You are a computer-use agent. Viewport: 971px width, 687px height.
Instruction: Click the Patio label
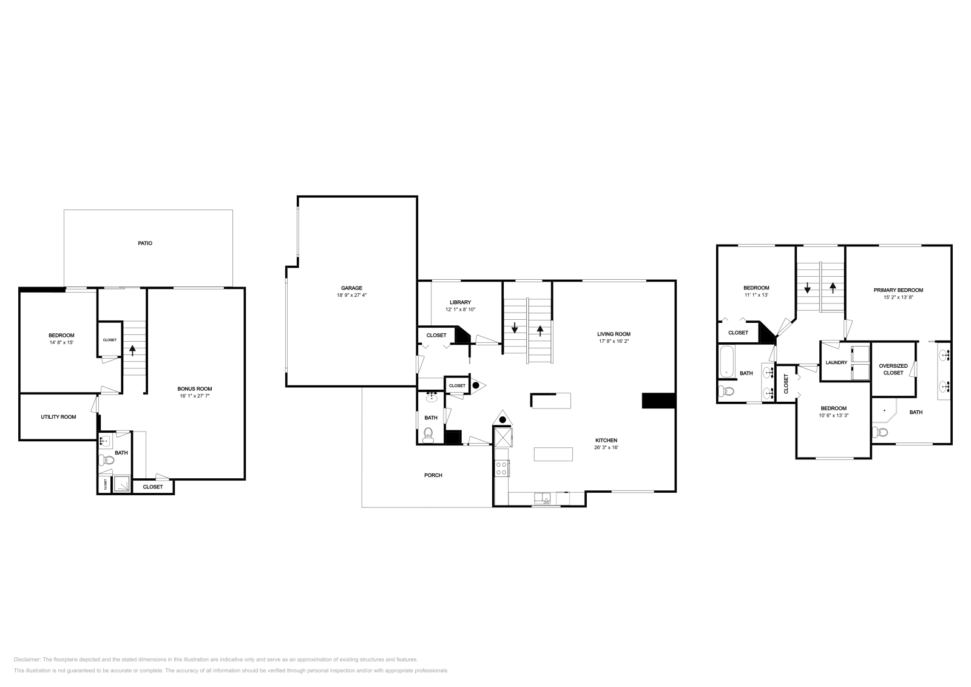tap(144, 243)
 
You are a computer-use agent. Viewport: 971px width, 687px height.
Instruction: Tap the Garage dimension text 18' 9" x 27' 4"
tap(351, 295)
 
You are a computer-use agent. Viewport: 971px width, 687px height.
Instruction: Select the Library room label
tap(460, 302)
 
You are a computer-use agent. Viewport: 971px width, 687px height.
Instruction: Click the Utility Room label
tap(58, 417)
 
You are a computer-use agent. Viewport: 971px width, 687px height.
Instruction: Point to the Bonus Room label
tap(194, 389)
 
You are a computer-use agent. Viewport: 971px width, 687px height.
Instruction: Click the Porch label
tap(433, 475)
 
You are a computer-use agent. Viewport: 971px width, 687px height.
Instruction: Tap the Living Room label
tap(614, 334)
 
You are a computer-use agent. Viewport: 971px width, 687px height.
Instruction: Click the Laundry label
tap(836, 362)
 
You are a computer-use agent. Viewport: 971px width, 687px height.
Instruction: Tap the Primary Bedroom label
tap(898, 290)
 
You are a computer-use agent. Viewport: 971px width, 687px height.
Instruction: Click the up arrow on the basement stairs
tap(132, 350)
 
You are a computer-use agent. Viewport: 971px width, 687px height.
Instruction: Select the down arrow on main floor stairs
tap(515, 329)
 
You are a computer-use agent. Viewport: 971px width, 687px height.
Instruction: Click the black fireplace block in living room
tap(658, 401)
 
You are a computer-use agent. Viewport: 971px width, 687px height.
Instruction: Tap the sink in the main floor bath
tap(432, 398)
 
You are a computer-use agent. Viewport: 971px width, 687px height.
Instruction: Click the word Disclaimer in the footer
tap(27, 659)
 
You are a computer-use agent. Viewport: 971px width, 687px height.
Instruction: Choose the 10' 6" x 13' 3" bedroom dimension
tap(833, 416)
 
